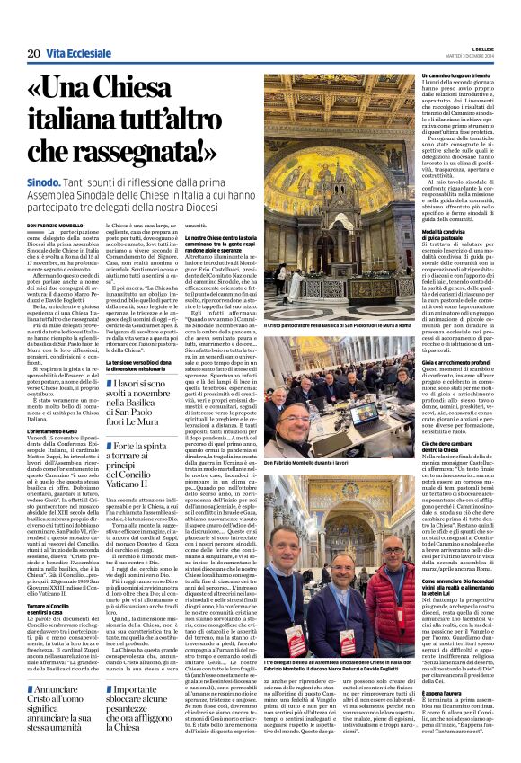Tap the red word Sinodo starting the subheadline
(52, 182)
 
